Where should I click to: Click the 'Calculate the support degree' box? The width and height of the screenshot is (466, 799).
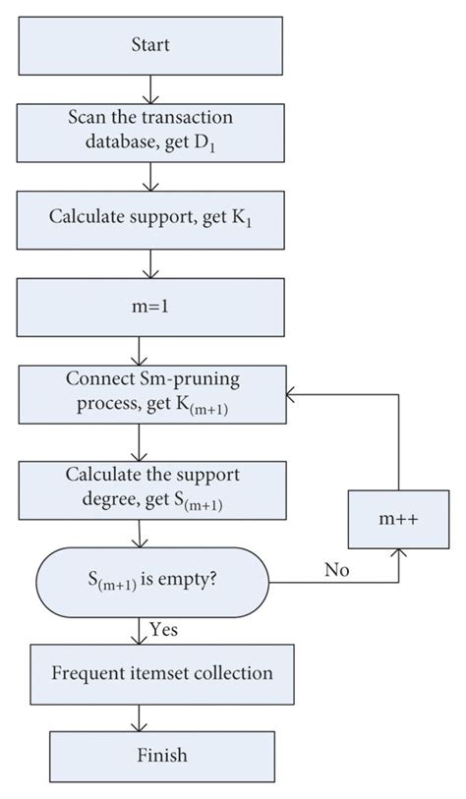click(x=148, y=487)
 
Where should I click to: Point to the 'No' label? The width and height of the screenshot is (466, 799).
click(x=337, y=568)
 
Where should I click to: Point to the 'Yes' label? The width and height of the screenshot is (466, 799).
click(x=164, y=628)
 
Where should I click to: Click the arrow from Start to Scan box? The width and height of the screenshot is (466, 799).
click(x=148, y=90)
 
